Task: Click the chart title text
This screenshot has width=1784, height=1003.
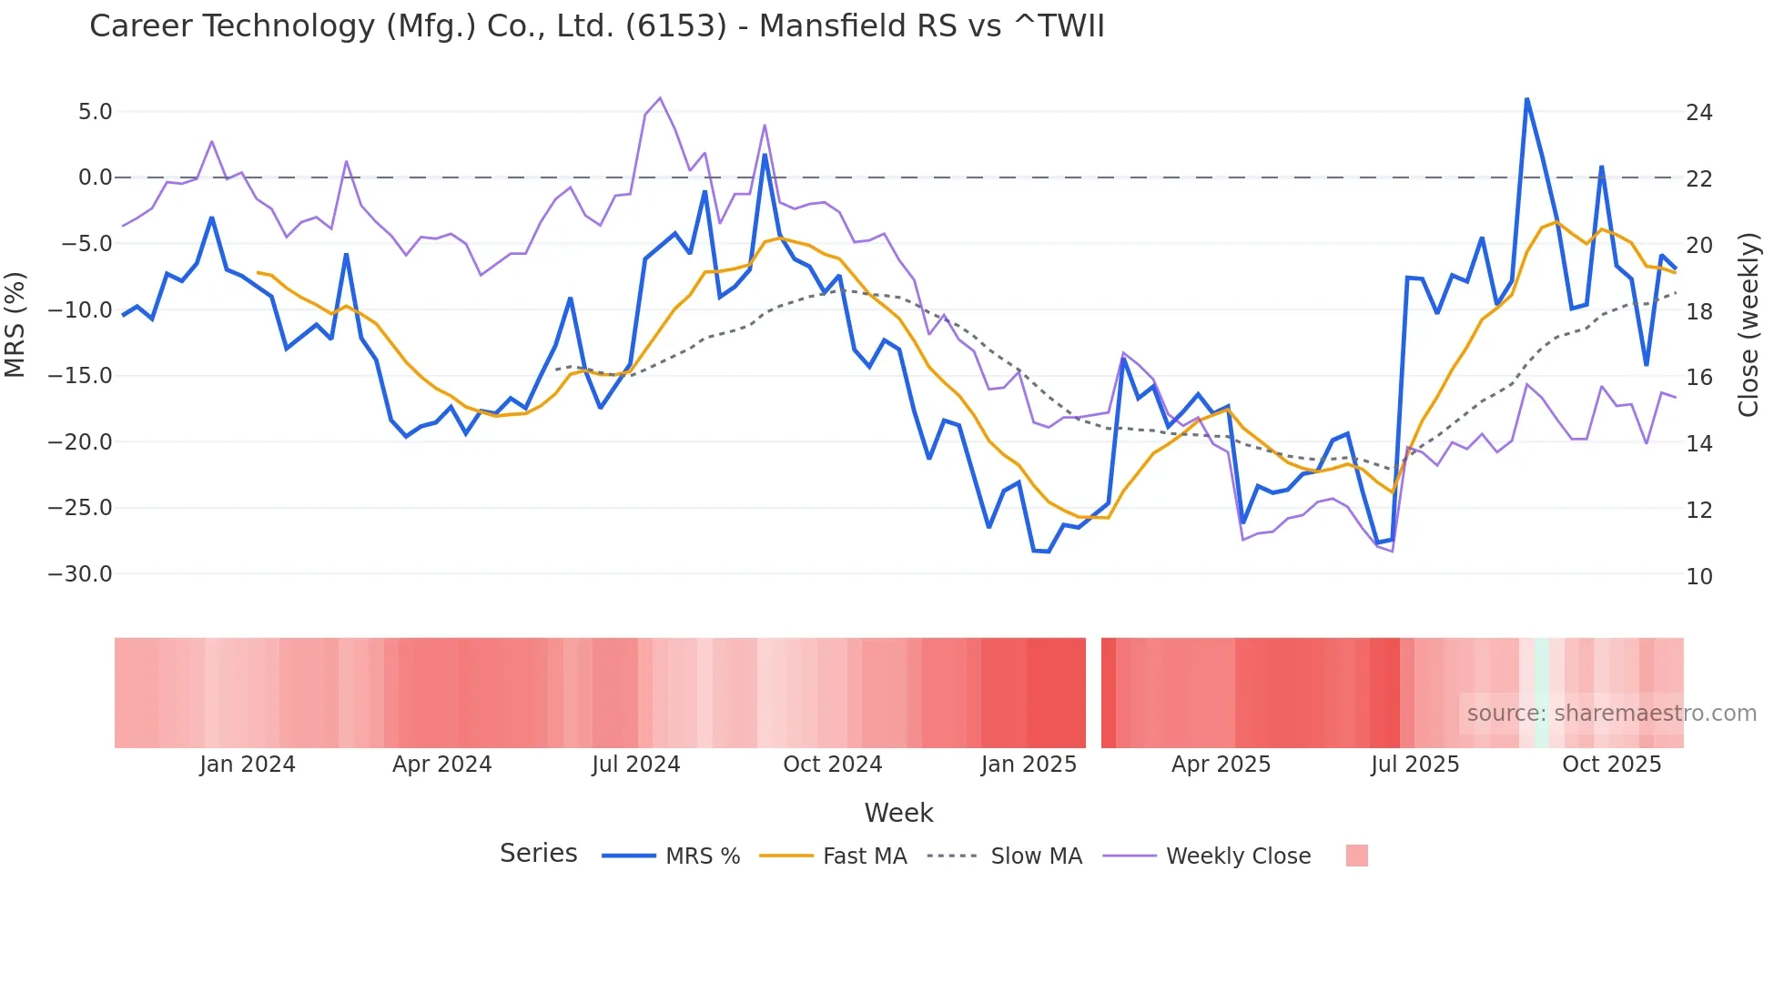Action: coord(596,26)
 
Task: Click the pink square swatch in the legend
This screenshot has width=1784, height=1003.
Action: coord(1356,856)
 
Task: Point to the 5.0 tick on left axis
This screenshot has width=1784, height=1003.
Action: coord(95,112)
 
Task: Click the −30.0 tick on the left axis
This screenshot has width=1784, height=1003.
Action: coord(80,574)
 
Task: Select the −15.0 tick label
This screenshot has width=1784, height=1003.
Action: coord(80,376)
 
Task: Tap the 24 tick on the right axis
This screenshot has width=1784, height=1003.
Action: coord(1698,113)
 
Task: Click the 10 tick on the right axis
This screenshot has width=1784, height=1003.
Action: coord(1698,576)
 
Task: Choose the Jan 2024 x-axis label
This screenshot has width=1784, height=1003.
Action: coord(248,765)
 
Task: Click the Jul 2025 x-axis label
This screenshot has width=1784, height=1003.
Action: coord(1414,765)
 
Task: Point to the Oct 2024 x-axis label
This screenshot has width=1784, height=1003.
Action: coord(832,765)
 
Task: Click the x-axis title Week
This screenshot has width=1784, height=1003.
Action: coord(898,813)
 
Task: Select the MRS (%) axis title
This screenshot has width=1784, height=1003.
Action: coord(15,325)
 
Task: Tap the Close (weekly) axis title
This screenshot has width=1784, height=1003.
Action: coord(1748,325)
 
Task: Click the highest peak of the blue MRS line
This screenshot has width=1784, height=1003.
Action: coord(1526,98)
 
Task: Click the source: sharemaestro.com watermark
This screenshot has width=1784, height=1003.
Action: coord(1611,714)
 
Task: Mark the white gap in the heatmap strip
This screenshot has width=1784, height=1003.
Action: coord(1093,693)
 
